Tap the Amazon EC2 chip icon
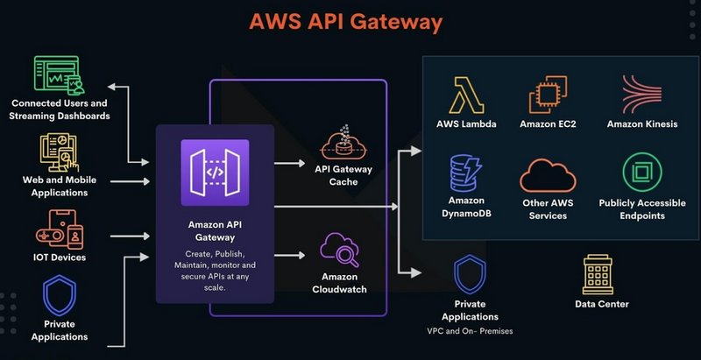point(548,94)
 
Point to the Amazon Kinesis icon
point(641,94)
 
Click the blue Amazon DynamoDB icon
point(466,173)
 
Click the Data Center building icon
point(601,275)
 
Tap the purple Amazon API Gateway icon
point(215,173)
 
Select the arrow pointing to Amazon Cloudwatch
point(290,255)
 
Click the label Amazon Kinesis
point(641,124)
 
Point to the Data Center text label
point(601,305)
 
